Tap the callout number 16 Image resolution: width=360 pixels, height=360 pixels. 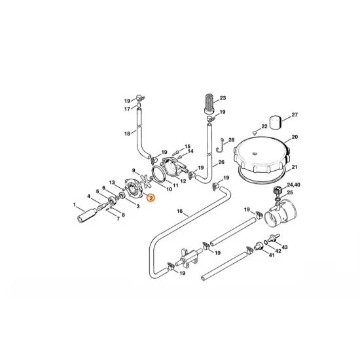click(x=179, y=211)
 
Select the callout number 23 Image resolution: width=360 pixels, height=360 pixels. click(x=223, y=98)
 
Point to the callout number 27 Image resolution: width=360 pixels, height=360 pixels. click(x=295, y=115)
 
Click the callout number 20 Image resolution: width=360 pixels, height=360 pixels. click(x=295, y=137)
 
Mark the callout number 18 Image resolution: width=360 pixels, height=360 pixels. click(x=127, y=134)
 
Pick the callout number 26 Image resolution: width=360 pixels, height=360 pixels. click(x=221, y=162)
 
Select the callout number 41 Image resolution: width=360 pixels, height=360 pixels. click(x=270, y=256)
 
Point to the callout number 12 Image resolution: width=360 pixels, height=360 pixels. click(x=183, y=181)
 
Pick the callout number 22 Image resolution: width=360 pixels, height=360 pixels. click(x=265, y=127)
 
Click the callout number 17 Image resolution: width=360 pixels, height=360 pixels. click(x=128, y=109)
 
